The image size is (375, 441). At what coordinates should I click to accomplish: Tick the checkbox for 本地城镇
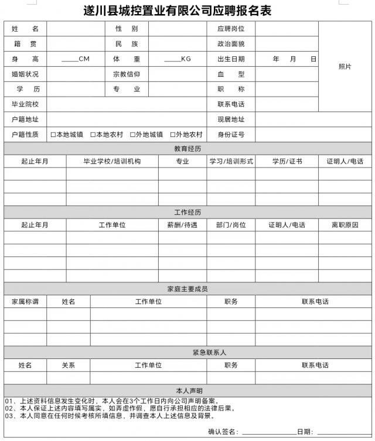[x=53, y=135]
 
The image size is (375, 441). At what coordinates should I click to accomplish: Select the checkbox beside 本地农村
[x=93, y=135]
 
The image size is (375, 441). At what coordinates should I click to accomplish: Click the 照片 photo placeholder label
[x=345, y=67]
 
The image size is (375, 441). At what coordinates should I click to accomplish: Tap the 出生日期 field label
[x=230, y=59]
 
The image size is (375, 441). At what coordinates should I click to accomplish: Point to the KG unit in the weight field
[x=186, y=59]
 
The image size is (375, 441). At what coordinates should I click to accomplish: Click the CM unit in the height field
[x=84, y=59]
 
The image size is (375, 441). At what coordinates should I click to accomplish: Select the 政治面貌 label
[x=230, y=44]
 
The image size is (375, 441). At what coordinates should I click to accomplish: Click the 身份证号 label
[x=230, y=135]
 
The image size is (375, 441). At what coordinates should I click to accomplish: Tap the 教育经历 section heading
[x=187, y=149]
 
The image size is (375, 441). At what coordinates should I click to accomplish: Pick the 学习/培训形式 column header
[x=231, y=161]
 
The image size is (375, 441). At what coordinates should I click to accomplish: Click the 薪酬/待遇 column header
[x=182, y=225]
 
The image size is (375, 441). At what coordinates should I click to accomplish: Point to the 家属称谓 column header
[x=25, y=302]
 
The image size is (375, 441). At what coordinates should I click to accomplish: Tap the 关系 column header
[x=69, y=365]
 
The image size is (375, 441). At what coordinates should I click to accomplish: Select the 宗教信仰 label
[x=127, y=74]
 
